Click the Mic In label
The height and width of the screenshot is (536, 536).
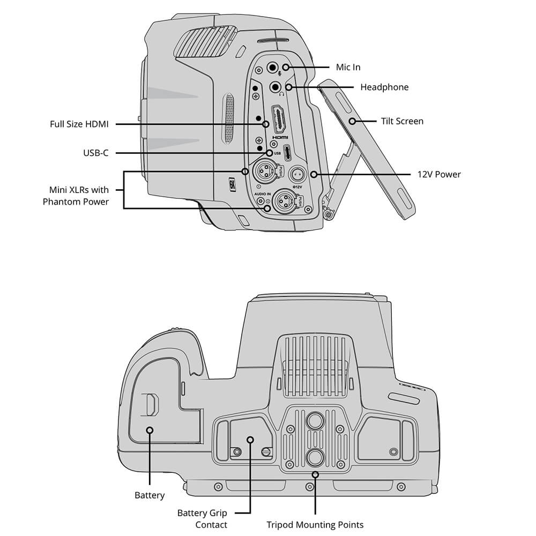[x=348, y=67]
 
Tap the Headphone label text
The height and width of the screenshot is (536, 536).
[x=384, y=87]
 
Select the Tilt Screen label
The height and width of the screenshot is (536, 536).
[x=402, y=121]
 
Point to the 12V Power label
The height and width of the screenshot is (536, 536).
[x=439, y=174]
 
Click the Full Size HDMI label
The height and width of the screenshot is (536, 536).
[x=79, y=124]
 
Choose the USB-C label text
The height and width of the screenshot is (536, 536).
[x=96, y=153]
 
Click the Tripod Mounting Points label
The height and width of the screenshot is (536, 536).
[x=315, y=525]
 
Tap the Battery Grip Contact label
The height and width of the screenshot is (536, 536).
[x=202, y=519]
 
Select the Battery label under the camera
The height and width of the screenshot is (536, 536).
[x=150, y=495]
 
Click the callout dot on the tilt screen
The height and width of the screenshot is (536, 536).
[x=352, y=121]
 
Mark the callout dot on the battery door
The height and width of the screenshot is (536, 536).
[x=150, y=430]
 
